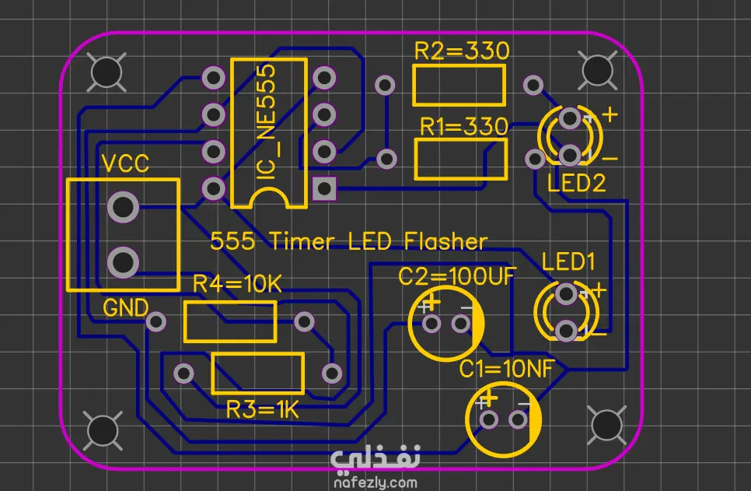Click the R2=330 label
[x=462, y=51]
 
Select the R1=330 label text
[x=463, y=127]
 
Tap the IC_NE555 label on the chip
[x=267, y=122]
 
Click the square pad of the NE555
[x=324, y=188]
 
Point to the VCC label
[x=125, y=164]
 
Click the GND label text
[x=125, y=308]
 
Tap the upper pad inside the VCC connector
[x=123, y=207]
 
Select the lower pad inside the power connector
[x=123, y=263]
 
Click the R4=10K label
[x=237, y=284]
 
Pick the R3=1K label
[x=263, y=410]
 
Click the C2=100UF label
[x=457, y=275]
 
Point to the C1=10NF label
[x=507, y=369]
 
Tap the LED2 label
[x=577, y=183]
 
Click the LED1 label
[x=568, y=261]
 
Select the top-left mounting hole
[x=107, y=72]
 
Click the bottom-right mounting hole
[x=607, y=425]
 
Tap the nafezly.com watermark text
[x=375, y=482]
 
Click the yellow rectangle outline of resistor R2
[x=459, y=67]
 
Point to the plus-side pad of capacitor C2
[x=431, y=324]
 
